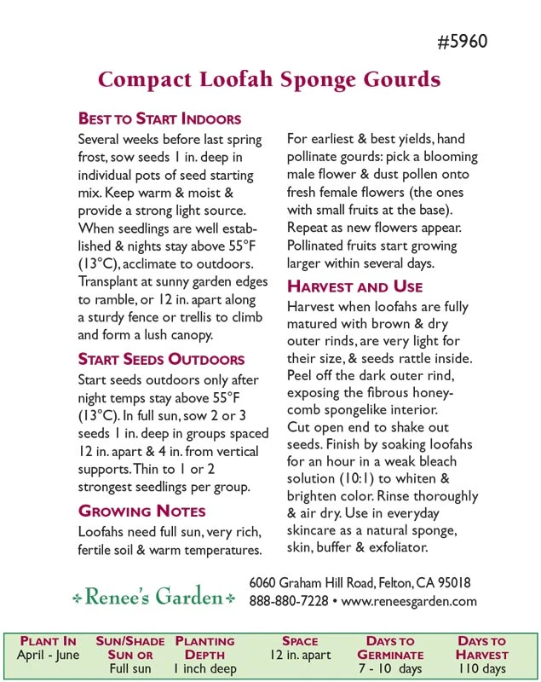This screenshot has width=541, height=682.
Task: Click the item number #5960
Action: (x=462, y=42)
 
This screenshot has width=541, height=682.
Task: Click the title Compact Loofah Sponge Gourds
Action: (x=269, y=80)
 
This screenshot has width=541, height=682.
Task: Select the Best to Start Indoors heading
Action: (x=159, y=118)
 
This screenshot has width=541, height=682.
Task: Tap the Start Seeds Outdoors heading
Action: (x=161, y=359)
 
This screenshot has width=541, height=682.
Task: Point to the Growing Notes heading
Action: (x=141, y=511)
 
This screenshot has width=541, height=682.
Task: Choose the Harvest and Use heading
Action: (x=354, y=286)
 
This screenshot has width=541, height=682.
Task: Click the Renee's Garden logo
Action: (x=153, y=598)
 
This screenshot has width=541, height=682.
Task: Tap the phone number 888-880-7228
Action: (x=288, y=601)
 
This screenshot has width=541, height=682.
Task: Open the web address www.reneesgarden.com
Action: (x=409, y=601)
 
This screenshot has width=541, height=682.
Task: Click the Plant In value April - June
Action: (x=48, y=655)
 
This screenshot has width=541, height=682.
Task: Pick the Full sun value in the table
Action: (x=130, y=668)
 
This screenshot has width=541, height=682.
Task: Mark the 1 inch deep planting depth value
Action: (x=204, y=668)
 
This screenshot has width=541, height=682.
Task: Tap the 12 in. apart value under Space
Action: (x=299, y=655)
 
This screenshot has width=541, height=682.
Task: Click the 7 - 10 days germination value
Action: (x=389, y=668)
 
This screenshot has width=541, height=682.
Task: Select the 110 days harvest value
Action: (x=481, y=668)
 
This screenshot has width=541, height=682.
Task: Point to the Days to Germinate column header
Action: (x=389, y=648)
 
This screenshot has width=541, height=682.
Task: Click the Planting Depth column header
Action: (x=204, y=648)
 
